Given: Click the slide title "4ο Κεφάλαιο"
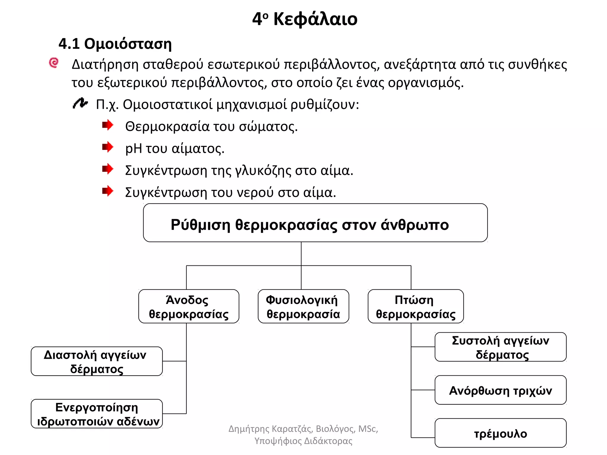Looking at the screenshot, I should pyautogui.click(x=305, y=19).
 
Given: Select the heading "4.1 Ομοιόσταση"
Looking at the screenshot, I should pyautogui.click(x=115, y=44).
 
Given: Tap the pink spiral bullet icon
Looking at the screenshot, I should pyautogui.click(x=54, y=63).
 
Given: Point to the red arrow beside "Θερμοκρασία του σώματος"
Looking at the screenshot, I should pyautogui.click(x=108, y=125).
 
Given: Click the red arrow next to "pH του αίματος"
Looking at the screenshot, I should pyautogui.click(x=108, y=147).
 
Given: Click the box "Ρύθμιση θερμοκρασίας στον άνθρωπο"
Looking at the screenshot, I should pyautogui.click(x=315, y=223).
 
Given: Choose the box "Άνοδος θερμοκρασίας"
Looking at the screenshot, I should pyautogui.click(x=189, y=306).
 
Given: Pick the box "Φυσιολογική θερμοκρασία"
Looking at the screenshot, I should pyautogui.click(x=303, y=306).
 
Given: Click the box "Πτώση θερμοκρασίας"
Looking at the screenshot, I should pyautogui.click(x=416, y=306).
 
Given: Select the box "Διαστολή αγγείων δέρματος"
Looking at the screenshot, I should pyautogui.click(x=97, y=361).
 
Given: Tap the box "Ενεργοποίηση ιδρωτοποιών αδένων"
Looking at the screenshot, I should pyautogui.click(x=97, y=414).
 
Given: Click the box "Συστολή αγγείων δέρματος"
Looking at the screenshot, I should pyautogui.click(x=501, y=347).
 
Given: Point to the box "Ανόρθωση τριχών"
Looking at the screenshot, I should pyautogui.click(x=501, y=390).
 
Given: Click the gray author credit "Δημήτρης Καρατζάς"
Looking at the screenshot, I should pyautogui.click(x=271, y=429).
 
